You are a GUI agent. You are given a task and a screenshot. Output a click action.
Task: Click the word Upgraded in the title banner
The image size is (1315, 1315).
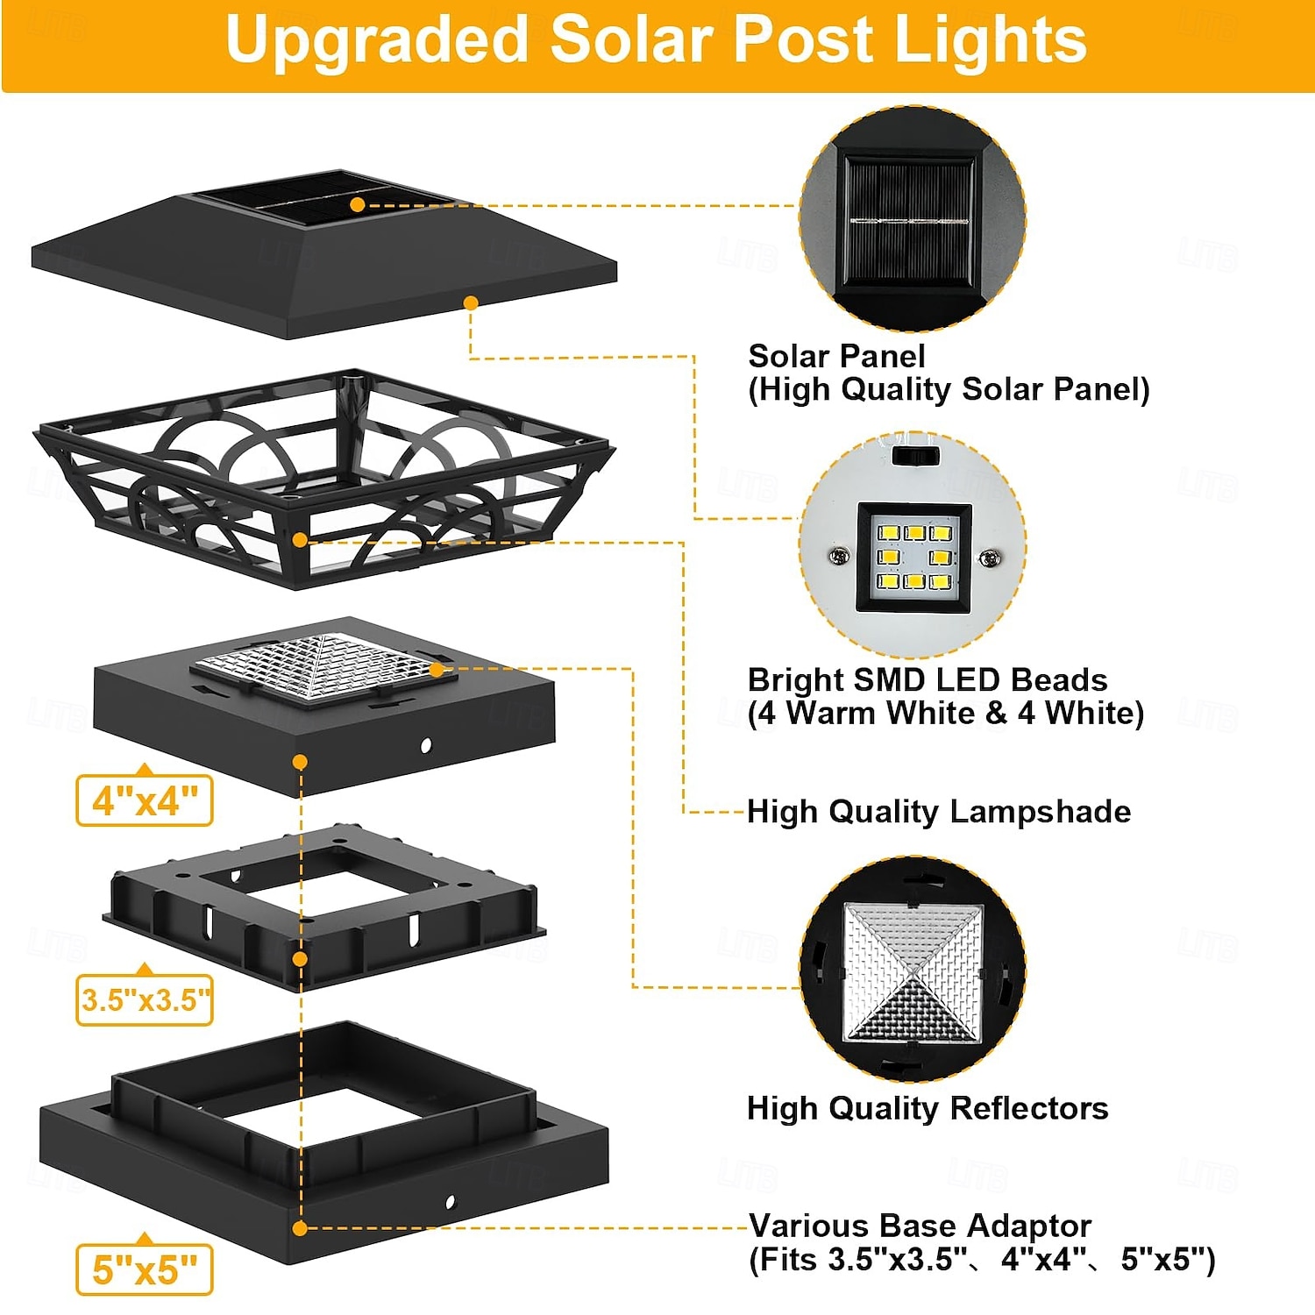(376, 41)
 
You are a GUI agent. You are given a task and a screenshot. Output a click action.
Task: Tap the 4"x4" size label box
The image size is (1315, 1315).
(145, 800)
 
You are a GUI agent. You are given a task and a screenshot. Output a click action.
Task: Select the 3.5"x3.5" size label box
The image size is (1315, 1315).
(145, 999)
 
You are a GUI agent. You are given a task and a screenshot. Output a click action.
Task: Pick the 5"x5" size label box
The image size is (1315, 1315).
(145, 1269)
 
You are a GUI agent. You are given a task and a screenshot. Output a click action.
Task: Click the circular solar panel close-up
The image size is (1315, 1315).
(912, 219)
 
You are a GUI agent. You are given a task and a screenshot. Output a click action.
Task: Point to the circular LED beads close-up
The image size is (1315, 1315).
(912, 544)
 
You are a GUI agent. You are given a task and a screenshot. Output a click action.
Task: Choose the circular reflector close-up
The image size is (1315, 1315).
(912, 970)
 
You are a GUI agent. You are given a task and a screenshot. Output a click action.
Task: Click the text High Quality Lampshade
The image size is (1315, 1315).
(939, 812)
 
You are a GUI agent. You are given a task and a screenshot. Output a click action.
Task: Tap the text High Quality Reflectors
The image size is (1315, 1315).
(928, 1108)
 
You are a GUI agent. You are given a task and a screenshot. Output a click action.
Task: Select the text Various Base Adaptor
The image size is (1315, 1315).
(920, 1225)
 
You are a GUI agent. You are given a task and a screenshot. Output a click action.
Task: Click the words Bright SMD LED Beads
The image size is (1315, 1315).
(928, 679)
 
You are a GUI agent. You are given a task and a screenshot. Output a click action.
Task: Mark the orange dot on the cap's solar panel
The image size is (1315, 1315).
(357, 205)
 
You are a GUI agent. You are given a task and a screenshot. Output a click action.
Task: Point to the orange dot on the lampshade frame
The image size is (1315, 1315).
(300, 540)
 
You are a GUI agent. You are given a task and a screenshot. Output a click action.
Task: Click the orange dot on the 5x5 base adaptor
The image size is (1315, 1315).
(300, 1228)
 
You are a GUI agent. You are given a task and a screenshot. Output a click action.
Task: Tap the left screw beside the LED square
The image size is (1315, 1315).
(839, 556)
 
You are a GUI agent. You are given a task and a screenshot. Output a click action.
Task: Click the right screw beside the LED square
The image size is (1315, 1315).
(990, 558)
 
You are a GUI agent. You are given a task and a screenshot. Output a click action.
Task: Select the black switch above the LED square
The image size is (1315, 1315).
(915, 456)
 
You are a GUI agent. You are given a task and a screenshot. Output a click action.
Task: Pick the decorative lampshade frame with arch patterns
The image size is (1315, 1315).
(324, 479)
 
